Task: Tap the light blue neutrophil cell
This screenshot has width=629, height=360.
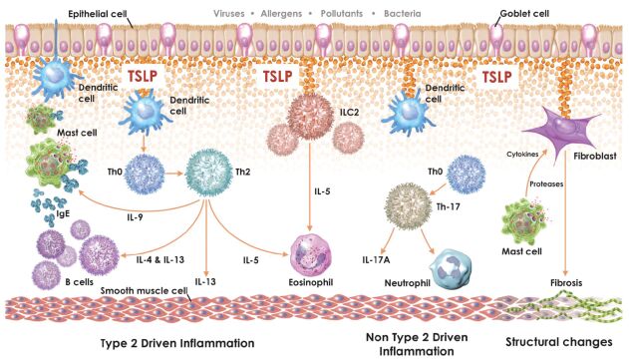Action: [451, 268]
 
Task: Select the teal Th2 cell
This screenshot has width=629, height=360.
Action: [208, 173]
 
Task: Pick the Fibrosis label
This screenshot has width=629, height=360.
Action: [566, 283]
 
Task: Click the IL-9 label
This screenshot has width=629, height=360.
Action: [134, 217]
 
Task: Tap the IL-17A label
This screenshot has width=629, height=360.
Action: [376, 260]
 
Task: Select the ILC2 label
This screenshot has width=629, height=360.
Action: [349, 113]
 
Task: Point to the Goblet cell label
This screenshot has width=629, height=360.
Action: [524, 13]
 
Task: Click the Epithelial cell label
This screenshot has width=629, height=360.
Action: [98, 14]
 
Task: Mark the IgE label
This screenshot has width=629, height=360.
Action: [63, 213]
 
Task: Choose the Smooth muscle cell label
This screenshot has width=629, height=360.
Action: [144, 290]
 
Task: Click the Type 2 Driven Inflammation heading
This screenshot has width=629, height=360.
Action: [177, 343]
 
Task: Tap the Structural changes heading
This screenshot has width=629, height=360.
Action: [559, 342]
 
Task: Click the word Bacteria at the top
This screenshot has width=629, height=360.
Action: [403, 14]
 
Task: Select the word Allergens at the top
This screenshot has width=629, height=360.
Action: [281, 14]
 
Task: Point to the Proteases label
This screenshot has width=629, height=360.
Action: [546, 184]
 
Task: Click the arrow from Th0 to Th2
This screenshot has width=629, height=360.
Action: [174, 174]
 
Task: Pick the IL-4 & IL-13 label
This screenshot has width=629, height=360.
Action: [160, 259]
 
